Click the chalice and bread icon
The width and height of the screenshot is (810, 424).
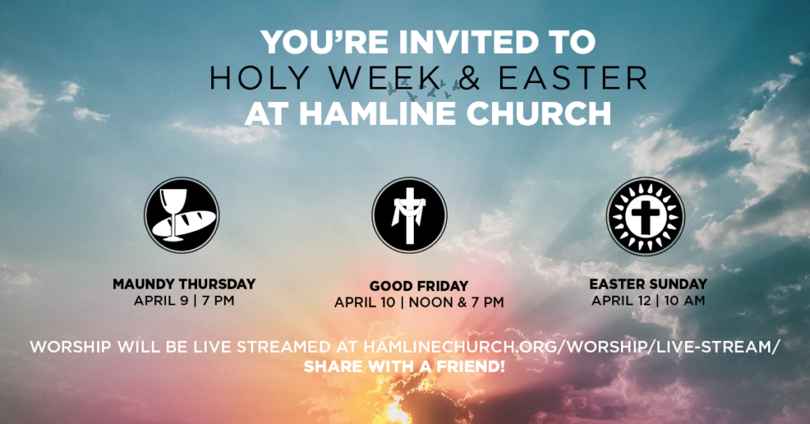[182, 215]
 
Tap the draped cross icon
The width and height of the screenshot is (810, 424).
[410, 215]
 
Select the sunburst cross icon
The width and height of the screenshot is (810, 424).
[645, 217]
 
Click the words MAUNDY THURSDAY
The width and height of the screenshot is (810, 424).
[184, 284]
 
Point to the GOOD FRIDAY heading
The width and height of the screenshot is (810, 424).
[419, 286]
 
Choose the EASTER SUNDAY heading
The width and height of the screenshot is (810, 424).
[649, 284]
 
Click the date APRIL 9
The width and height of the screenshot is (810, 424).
[161, 301]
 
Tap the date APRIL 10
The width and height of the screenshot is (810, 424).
[365, 302]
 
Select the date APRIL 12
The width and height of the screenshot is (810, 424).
[622, 301]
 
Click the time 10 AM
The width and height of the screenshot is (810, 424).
[684, 301]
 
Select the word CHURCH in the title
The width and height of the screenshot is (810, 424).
[539, 114]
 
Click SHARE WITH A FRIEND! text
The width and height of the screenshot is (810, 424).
[404, 367]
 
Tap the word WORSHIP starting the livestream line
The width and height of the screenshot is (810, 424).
[70, 346]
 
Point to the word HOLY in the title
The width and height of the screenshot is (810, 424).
[259, 78]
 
